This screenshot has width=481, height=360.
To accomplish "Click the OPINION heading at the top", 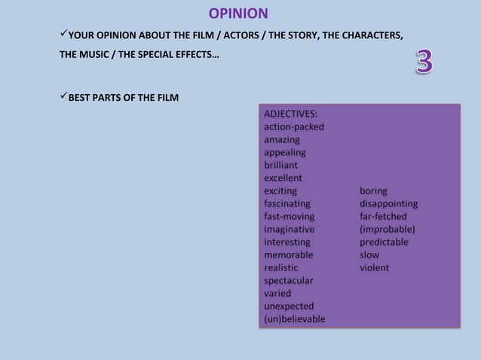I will pyautogui.click(x=238, y=14).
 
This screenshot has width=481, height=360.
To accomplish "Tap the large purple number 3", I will pyautogui.click(x=424, y=62).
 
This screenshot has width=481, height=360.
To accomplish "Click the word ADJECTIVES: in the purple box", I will pyautogui.click(x=290, y=114).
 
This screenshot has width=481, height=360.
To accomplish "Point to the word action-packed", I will pyautogui.click(x=294, y=127).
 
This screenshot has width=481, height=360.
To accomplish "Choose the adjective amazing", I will pyautogui.click(x=281, y=139).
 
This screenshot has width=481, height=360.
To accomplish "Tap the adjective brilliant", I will pyautogui.click(x=280, y=165).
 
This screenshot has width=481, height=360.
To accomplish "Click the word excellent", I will pyautogui.click(x=283, y=178).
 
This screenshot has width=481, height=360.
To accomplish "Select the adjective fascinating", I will pyautogui.click(x=286, y=203).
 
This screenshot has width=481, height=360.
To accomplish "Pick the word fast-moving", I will pyautogui.click(x=289, y=216).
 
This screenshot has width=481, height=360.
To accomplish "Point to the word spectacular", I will pyautogui.click(x=289, y=280).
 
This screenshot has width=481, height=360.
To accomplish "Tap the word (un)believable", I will pyautogui.click(x=295, y=319).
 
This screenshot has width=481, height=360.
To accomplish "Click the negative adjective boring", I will pyautogui.click(x=373, y=191).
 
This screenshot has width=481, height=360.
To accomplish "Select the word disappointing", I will pyautogui.click(x=388, y=203).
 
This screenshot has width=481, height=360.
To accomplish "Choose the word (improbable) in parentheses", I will pyautogui.click(x=388, y=229).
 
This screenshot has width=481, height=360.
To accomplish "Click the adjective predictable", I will pyautogui.click(x=384, y=242).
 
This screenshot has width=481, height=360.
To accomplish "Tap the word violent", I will pyautogui.click(x=374, y=267).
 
